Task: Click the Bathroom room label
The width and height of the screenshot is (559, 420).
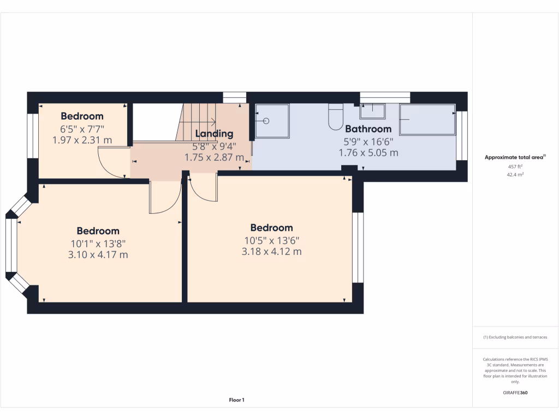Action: point(368,129)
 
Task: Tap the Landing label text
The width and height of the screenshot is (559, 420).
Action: point(214,133)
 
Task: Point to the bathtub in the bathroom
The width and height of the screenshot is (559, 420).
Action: point(427,119)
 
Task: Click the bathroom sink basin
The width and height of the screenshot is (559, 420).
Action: point(372,111)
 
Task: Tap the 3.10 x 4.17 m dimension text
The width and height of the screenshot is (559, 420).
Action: point(98,254)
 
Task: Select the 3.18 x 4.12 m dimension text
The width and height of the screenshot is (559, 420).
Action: point(271,252)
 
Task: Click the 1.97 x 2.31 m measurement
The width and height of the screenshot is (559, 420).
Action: point(82,140)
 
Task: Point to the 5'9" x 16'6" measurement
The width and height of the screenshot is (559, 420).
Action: point(368,141)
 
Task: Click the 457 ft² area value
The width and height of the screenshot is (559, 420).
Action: point(515,166)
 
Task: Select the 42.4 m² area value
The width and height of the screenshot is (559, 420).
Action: point(515,174)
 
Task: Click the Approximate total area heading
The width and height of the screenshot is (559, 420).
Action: point(515,157)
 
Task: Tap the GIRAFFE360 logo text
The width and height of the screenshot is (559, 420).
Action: point(515,393)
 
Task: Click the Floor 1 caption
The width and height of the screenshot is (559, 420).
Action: point(236,400)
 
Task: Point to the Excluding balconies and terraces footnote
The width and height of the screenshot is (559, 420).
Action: point(515,337)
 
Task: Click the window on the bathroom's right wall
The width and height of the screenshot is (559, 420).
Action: point(462,135)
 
